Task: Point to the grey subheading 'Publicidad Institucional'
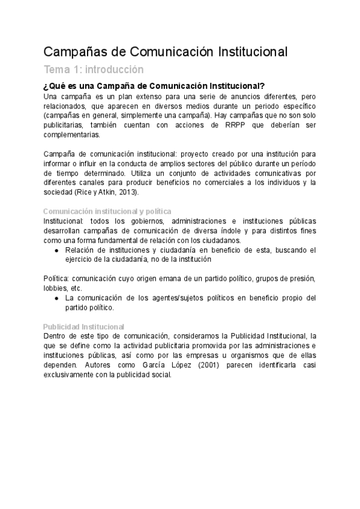click(x=84, y=326)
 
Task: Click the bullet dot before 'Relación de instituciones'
click(x=56, y=250)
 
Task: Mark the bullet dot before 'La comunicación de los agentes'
click(x=56, y=298)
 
